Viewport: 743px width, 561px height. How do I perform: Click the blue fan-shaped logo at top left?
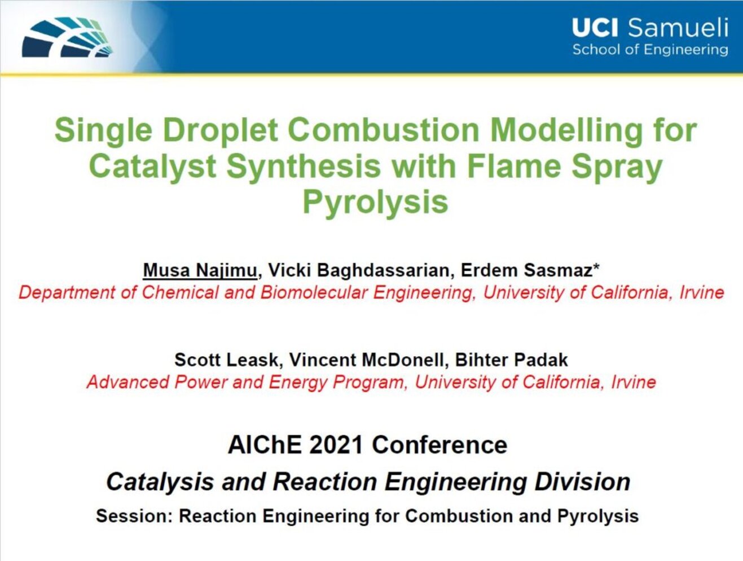[x=67, y=37]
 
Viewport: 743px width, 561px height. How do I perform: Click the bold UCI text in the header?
[x=595, y=28]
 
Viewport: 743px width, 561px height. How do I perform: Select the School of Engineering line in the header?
[x=650, y=50]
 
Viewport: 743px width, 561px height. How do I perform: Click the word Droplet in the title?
[x=221, y=130]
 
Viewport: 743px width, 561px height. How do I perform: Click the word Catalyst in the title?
[x=152, y=166]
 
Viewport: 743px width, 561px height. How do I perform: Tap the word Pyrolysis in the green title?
[x=375, y=203]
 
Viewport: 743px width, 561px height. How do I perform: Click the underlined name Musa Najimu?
[x=200, y=270]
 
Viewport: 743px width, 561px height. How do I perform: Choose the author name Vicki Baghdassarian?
[x=359, y=270]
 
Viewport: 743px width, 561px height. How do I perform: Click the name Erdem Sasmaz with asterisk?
[x=530, y=270]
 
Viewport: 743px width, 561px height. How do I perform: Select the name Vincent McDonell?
[x=366, y=360]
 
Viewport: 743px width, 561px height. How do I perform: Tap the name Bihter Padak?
[x=511, y=360]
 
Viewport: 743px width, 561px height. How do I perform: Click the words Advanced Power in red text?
[x=157, y=382]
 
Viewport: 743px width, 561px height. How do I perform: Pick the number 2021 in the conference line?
[x=336, y=445]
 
